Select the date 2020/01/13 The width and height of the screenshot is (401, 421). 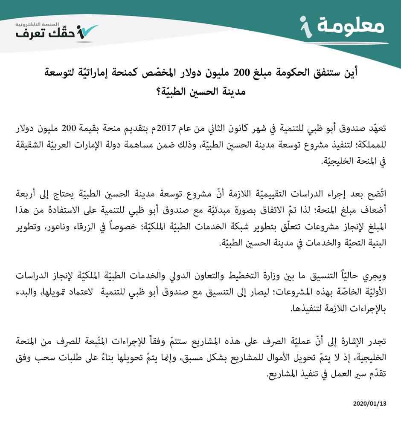369,403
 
